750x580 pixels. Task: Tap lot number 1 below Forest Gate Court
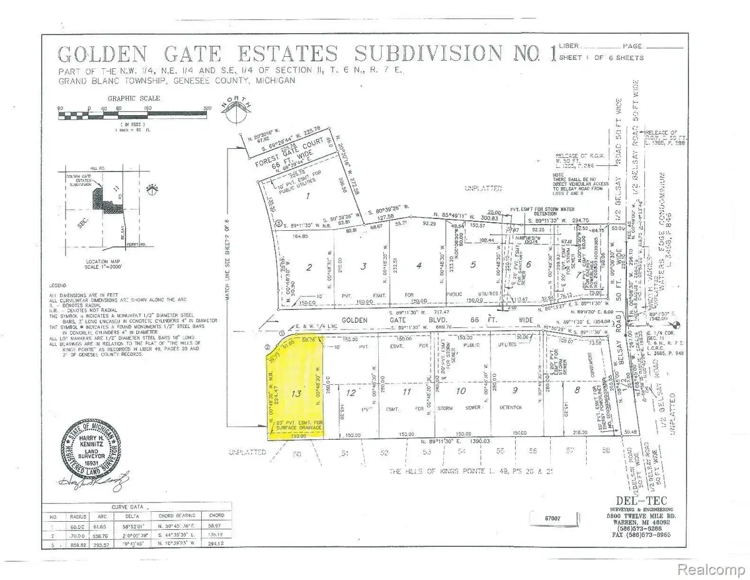[x=307, y=195]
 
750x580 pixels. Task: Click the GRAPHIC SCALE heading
[x=133, y=98]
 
